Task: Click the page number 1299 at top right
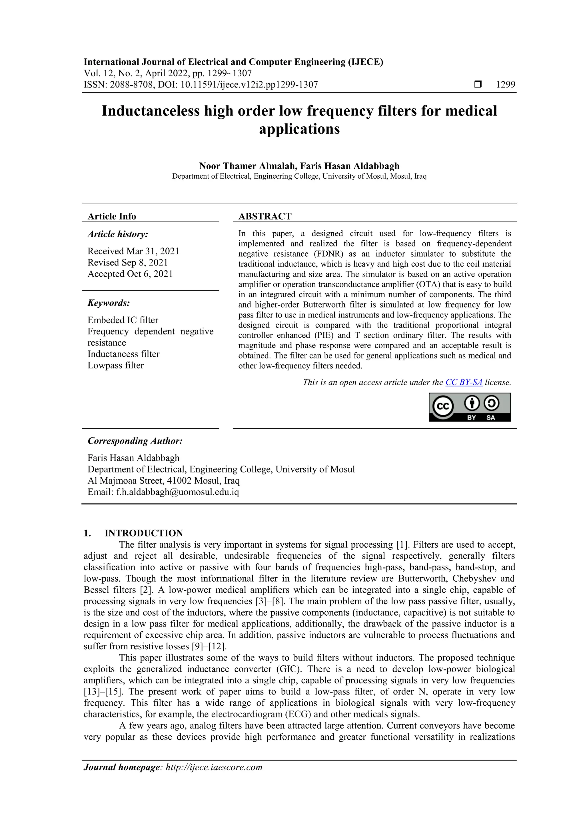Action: [505, 85]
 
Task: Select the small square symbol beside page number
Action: [478, 85]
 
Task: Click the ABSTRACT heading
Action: [265, 216]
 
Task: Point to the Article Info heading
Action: [112, 216]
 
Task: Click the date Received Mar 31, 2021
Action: [133, 251]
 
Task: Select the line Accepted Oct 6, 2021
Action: [130, 274]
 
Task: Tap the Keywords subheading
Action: [109, 303]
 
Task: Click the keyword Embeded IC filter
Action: [123, 320]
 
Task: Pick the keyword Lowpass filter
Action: [115, 365]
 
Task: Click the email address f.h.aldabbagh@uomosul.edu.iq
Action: [177, 492]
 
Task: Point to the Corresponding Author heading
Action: [135, 441]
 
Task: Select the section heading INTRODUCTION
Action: [143, 533]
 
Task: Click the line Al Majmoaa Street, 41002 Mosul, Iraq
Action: [163, 481]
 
